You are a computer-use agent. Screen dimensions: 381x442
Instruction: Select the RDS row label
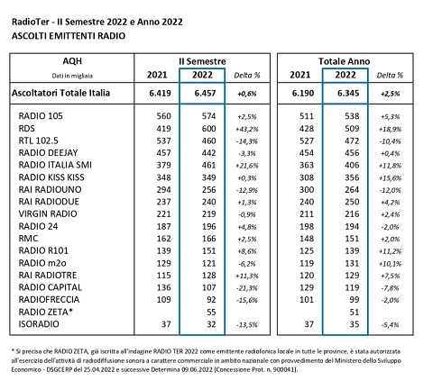[29, 128]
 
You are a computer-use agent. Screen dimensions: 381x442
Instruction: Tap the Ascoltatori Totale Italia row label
[68, 92]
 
